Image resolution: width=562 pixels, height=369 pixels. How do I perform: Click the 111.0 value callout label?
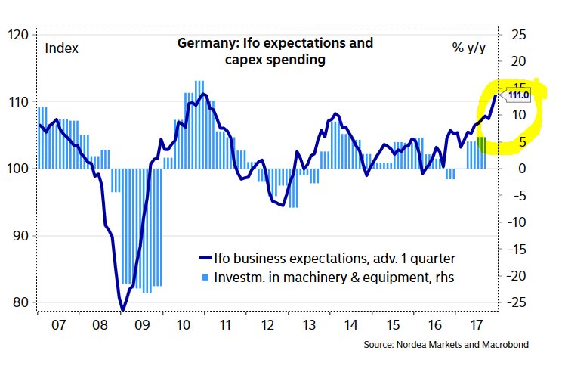coord(517,96)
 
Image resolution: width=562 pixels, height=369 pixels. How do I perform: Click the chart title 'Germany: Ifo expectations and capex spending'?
coord(275,51)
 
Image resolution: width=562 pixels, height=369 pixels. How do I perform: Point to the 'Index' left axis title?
coord(62,48)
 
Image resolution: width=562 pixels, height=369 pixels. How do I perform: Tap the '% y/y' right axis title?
coord(468,48)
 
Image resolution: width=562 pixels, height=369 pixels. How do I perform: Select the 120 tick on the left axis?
coord(18,35)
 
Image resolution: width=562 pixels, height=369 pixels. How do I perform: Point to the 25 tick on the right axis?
coord(518,34)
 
